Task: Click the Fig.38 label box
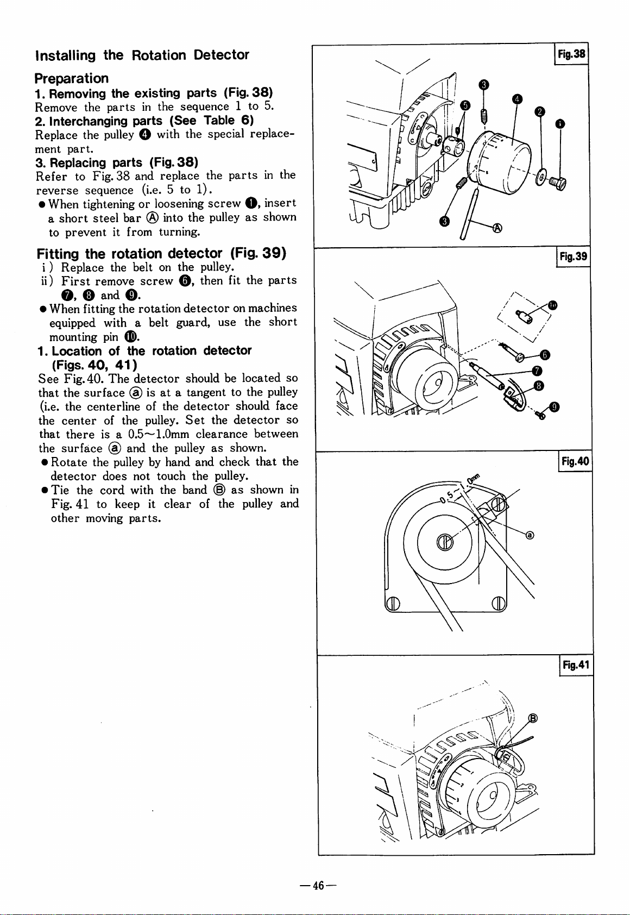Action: point(572,54)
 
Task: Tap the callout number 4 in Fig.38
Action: point(518,98)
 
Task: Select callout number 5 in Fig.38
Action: point(465,105)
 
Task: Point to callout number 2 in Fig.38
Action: point(539,111)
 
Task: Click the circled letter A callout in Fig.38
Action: point(496,228)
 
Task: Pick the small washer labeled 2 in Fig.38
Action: point(540,177)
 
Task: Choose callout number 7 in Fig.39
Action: point(537,371)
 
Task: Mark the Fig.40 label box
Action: point(575,462)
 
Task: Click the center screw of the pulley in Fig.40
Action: point(444,543)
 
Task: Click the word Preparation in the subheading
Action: point(71,79)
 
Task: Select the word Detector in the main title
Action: point(221,55)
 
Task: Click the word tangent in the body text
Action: point(204,392)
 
